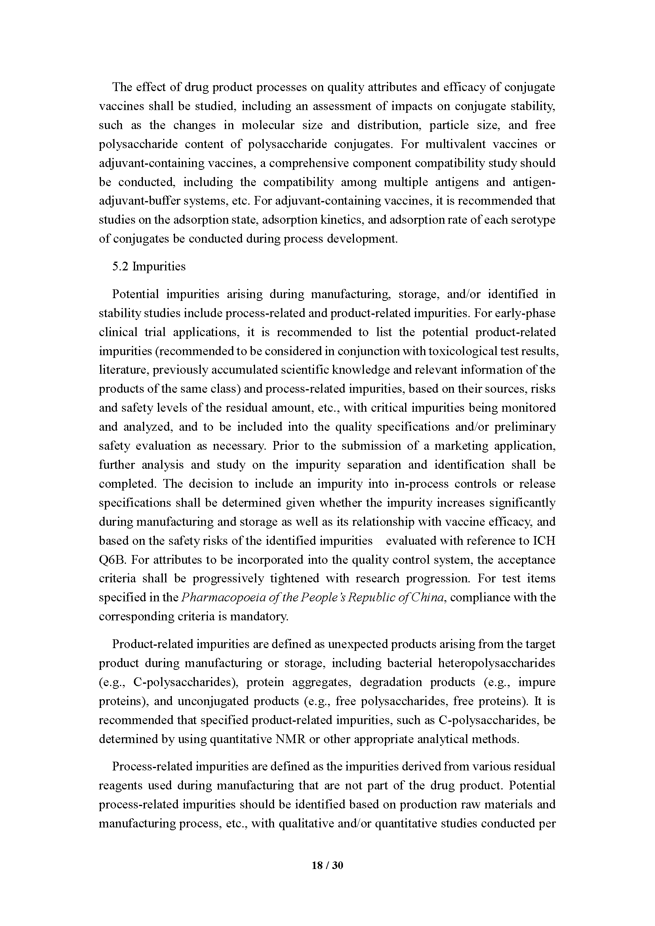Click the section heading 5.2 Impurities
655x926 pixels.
click(x=149, y=266)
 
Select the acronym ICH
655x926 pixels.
click(x=544, y=540)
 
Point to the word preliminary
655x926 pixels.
click(x=525, y=427)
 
